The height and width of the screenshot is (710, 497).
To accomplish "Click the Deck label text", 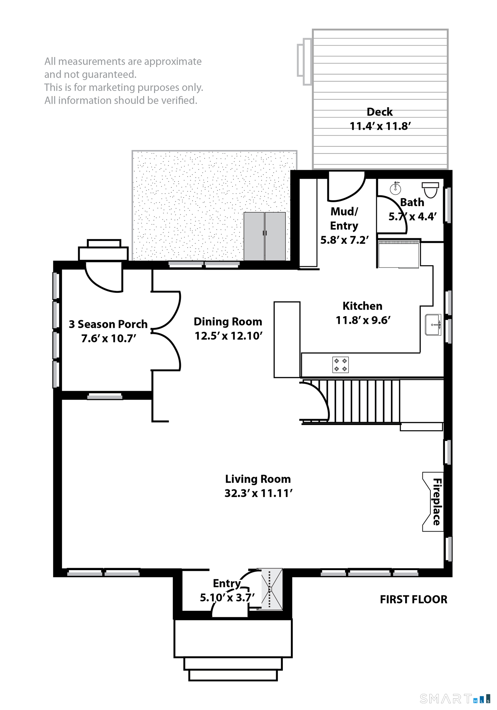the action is click(x=380, y=112).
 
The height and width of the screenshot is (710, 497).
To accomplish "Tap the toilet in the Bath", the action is click(x=430, y=189).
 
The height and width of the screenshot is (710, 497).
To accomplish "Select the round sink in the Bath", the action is click(x=395, y=188).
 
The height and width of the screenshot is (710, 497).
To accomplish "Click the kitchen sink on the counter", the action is click(x=433, y=325).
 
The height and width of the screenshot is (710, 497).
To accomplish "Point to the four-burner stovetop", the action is click(x=340, y=365).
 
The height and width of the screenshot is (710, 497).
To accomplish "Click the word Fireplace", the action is click(x=437, y=502).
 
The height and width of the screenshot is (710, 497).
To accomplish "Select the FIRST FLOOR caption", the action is click(x=413, y=600).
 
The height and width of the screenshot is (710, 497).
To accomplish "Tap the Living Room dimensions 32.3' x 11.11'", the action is click(x=259, y=493).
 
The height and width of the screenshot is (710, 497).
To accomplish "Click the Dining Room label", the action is click(x=228, y=322).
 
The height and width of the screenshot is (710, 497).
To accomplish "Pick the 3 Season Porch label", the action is click(x=108, y=324).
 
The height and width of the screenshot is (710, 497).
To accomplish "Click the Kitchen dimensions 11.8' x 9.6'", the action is click(x=363, y=320).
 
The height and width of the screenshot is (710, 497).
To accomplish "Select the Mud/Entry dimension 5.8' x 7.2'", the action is click(x=344, y=240).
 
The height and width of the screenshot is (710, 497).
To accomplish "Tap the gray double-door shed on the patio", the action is click(x=265, y=236).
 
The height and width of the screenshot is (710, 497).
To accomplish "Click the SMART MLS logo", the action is click(x=455, y=699).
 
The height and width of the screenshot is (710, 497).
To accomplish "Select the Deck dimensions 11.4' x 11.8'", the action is click(x=380, y=126).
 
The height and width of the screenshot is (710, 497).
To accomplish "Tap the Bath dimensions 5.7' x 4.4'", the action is click(x=413, y=216).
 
